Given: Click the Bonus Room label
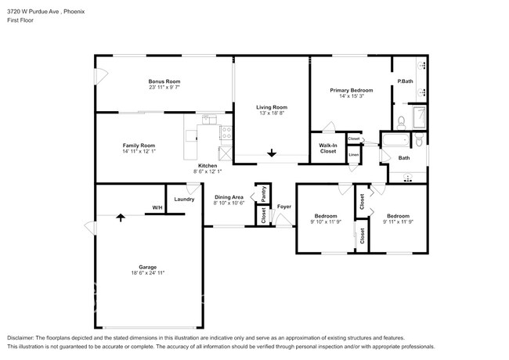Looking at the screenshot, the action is tap(164, 81).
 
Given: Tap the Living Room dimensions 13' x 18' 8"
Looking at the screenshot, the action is tap(272, 113).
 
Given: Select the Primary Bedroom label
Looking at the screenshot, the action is tap(352, 90).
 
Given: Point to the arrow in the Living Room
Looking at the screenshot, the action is tap(272, 153).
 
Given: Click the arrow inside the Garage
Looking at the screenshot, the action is tap(121, 218).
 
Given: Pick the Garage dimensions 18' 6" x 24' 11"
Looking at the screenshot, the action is tap(148, 273).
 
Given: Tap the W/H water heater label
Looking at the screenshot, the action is tap(157, 207).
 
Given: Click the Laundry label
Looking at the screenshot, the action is tap(184, 199).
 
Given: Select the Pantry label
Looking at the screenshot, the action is tap(264, 193).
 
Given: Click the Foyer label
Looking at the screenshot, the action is tap(284, 207).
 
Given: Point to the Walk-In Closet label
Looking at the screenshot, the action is tap(328, 148).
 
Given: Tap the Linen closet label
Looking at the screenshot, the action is tap(353, 155).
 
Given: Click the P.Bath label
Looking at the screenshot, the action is tap(405, 81).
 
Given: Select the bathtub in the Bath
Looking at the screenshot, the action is tap(395, 140).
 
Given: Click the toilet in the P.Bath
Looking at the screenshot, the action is tap(402, 123).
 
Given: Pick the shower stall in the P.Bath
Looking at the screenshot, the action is tap(419, 117).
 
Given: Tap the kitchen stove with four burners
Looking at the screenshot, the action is tap(226, 132).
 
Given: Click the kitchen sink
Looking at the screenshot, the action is tap(209, 120).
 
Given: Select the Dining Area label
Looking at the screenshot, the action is tap(229, 197).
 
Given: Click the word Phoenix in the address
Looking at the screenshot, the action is tap(74, 12).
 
